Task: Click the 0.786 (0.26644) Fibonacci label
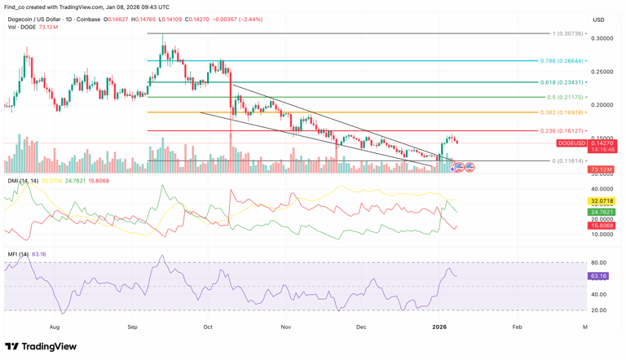click(x=562, y=61)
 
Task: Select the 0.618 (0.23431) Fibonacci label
click(x=562, y=82)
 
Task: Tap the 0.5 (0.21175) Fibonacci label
click(x=564, y=98)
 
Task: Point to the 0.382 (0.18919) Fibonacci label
click(x=562, y=112)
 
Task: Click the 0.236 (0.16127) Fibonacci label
click(x=562, y=131)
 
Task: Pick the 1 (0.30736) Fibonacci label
click(x=568, y=34)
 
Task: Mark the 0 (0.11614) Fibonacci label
click(x=568, y=160)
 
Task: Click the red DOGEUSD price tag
click(x=571, y=143)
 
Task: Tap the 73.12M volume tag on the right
click(x=602, y=169)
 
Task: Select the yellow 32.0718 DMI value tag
click(x=602, y=201)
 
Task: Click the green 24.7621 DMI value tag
click(x=602, y=212)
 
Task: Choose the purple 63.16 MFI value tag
click(x=599, y=276)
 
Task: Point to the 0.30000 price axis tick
click(x=602, y=38)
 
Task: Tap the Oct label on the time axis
click(x=208, y=327)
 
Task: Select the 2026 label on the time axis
click(x=439, y=327)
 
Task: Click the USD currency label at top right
click(x=598, y=20)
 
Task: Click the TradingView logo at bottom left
click(x=41, y=347)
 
